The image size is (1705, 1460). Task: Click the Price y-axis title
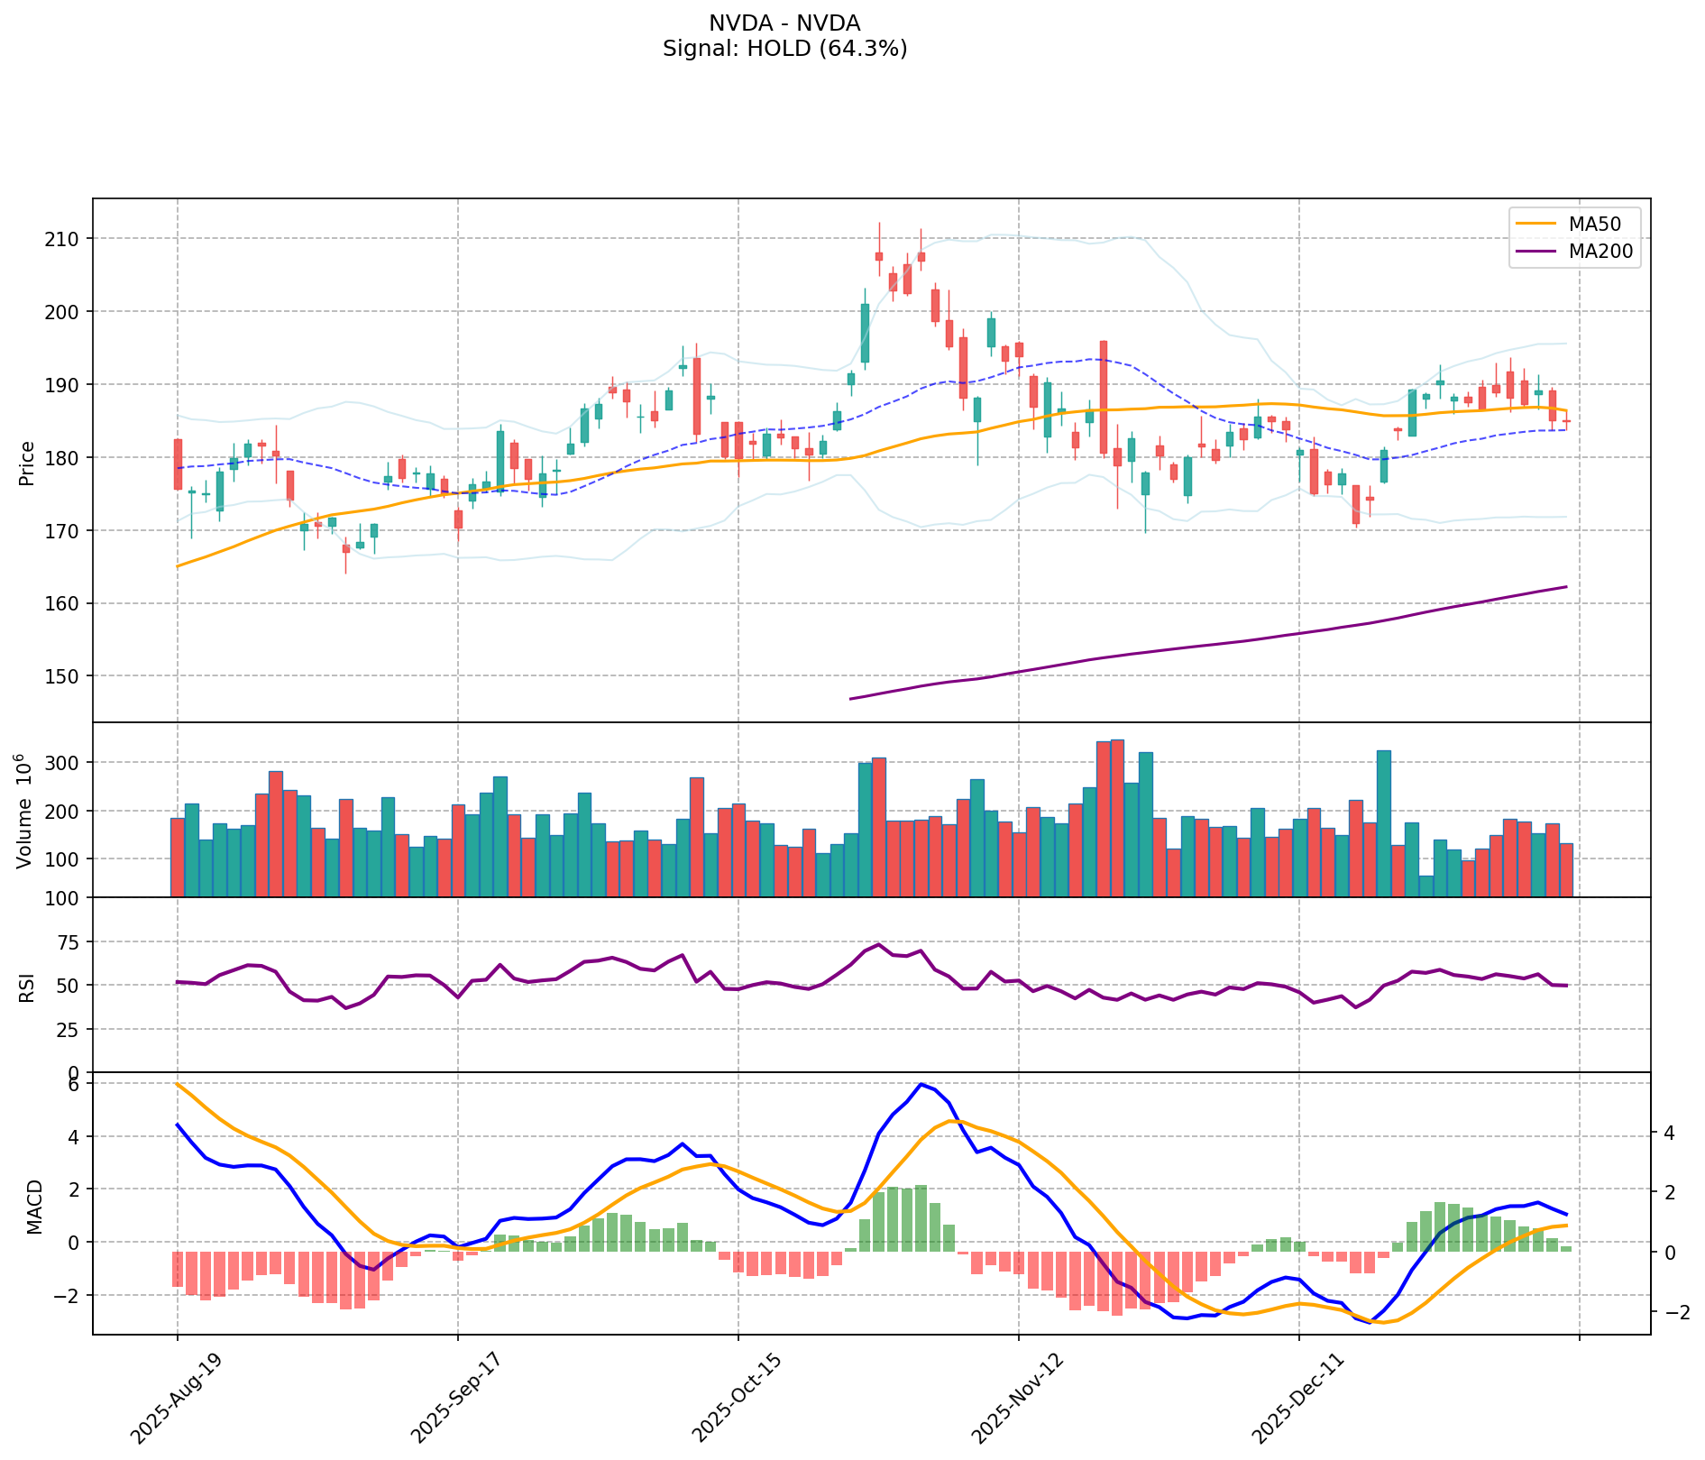[x=27, y=463]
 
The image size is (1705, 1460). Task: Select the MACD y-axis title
[x=34, y=1207]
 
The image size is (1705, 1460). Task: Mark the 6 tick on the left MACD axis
[x=74, y=1084]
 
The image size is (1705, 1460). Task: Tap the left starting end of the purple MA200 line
[x=851, y=699]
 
